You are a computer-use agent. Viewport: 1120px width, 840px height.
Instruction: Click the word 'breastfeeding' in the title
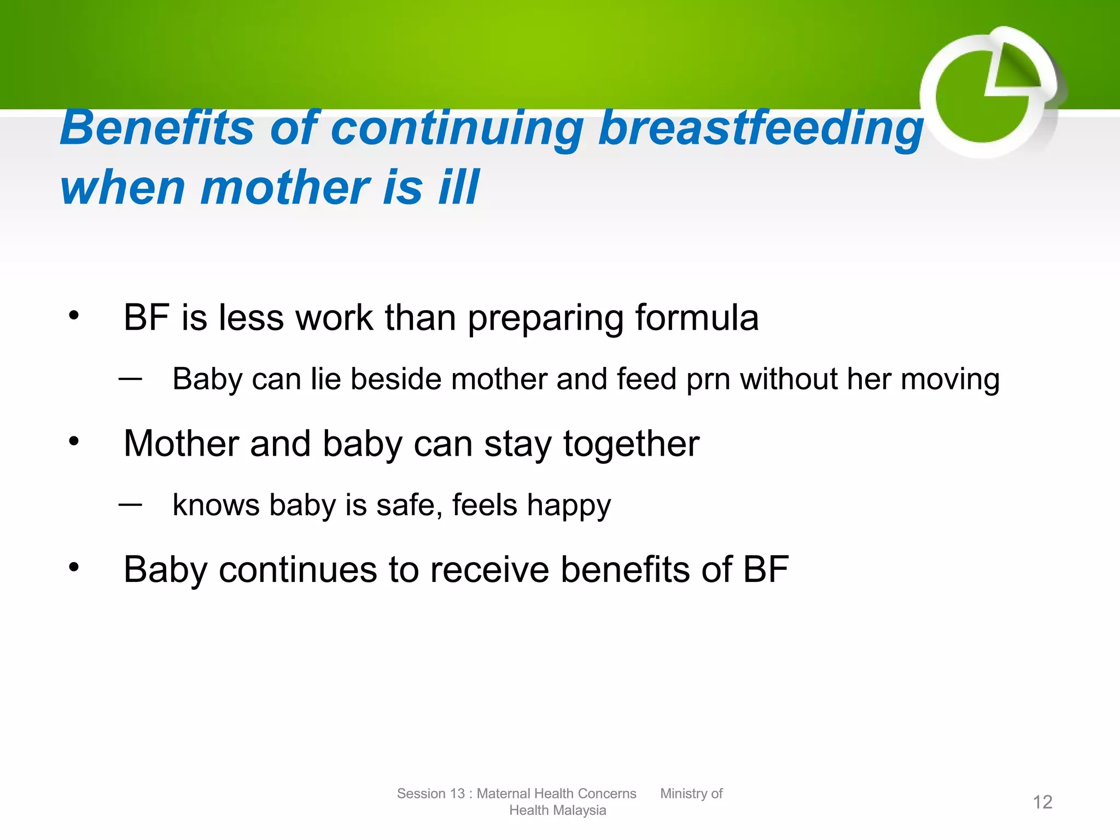point(760,129)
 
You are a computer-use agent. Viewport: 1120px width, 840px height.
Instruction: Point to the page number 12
point(1042,802)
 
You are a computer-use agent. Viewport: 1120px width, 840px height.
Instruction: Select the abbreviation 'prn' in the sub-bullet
point(708,380)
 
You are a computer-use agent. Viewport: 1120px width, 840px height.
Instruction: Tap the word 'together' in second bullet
point(631,444)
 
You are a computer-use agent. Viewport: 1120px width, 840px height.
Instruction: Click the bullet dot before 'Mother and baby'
point(74,441)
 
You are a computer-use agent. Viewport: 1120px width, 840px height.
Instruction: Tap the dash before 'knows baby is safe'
point(130,504)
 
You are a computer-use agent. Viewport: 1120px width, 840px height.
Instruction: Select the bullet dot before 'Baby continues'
point(74,567)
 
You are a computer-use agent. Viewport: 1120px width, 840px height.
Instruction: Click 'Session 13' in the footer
point(430,794)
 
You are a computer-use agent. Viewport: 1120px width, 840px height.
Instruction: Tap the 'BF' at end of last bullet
point(766,570)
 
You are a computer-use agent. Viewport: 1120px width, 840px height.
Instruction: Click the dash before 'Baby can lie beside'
point(130,378)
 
